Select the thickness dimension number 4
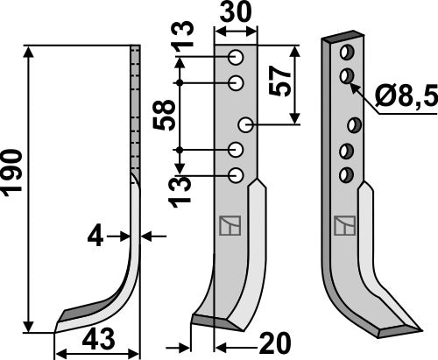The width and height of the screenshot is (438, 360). pyautogui.click(x=95, y=234)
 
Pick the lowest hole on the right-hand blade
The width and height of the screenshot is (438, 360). pyautogui.click(x=347, y=173)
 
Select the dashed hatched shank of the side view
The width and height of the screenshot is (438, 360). pyautogui.click(x=135, y=105)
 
